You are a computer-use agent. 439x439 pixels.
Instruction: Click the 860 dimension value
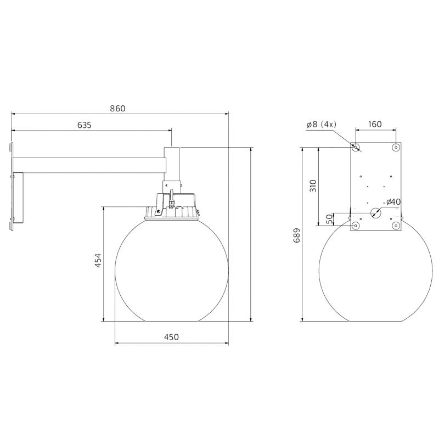coord(117,108)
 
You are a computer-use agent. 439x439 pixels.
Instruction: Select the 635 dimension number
coord(84,125)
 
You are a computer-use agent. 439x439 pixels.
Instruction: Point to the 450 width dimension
coord(171,337)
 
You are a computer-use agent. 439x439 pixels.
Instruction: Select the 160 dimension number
coord(375,124)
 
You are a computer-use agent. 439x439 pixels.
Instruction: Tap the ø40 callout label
coord(393,201)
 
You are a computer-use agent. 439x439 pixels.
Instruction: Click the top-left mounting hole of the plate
coord(356,148)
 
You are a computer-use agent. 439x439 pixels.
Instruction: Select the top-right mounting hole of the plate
coord(396,148)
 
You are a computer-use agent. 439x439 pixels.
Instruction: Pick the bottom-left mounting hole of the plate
coord(356,226)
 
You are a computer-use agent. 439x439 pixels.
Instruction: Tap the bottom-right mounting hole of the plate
coord(396,226)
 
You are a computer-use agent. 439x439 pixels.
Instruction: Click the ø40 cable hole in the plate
coord(375,213)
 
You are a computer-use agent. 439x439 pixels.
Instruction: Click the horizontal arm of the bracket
coord(88,164)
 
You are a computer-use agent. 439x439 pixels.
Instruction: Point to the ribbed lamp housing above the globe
coord(171,212)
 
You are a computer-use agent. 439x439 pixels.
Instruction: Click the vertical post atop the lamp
coord(171,165)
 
